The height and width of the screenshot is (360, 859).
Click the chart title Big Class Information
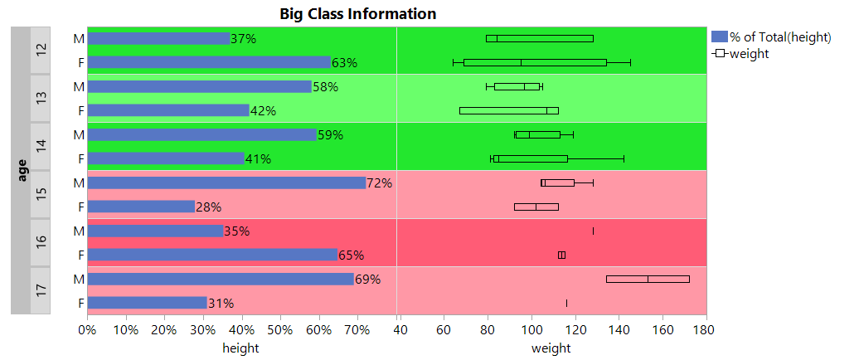coord(357,13)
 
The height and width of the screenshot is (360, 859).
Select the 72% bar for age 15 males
coord(226,182)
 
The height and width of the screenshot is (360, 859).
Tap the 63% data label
coord(344,63)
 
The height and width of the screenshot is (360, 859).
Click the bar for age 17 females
coord(147,303)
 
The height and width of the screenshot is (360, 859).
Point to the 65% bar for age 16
coord(212,255)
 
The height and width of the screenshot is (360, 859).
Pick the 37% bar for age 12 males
coord(158,38)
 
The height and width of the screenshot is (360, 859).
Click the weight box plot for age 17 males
coord(648,279)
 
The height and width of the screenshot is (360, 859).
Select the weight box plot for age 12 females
coord(535,62)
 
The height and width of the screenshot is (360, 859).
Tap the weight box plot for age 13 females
coord(508,110)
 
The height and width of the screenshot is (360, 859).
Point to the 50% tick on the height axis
coord(280,330)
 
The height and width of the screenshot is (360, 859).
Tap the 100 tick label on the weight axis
coord(531,330)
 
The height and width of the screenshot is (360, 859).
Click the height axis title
coord(240,348)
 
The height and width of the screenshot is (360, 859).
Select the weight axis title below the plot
coord(551,348)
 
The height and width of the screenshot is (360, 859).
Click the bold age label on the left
coord(22,170)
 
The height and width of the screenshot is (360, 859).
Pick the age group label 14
coord(41,146)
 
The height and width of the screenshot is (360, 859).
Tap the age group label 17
coord(41,290)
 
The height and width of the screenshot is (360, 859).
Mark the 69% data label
coord(367,280)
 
